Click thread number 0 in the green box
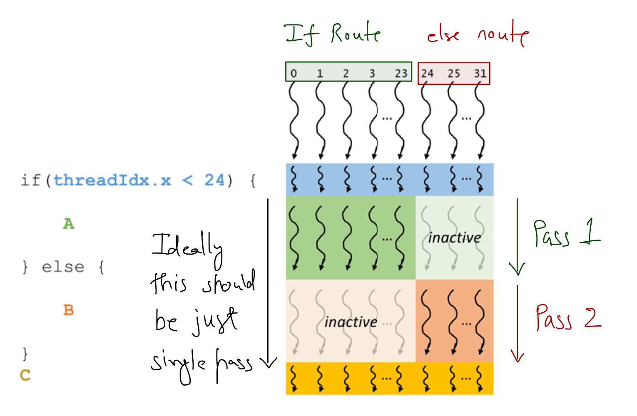[294, 74]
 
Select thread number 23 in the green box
[401, 74]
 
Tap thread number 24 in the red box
[427, 74]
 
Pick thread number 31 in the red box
[480, 74]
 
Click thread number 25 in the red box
[453, 74]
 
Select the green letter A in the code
[69, 224]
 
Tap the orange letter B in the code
[69, 310]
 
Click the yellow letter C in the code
[25, 375]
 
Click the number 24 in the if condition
[214, 180]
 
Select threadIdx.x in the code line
[112, 180]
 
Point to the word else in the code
[63, 267]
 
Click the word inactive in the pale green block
[454, 238]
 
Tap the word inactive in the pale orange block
[351, 322]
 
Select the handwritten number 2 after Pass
[592, 318]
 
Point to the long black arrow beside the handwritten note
[268, 283]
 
